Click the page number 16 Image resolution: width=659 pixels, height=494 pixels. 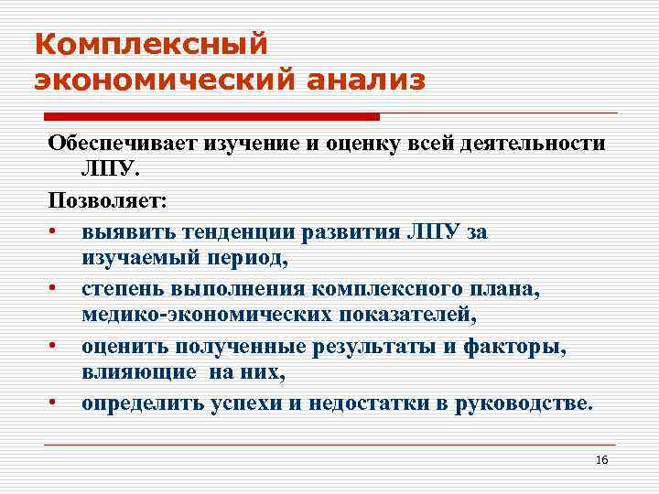[x=601, y=459]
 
